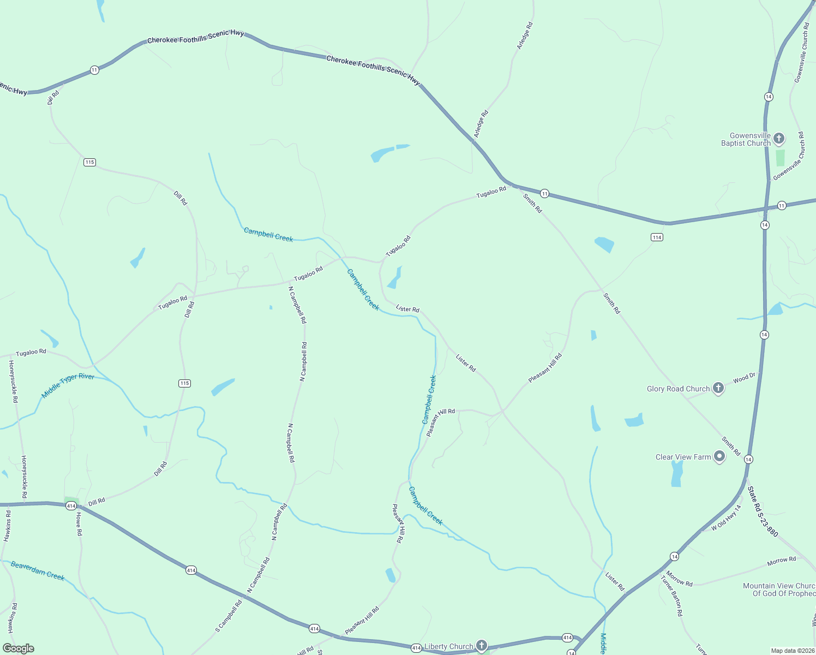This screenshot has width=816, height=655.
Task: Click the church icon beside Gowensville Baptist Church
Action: pyautogui.click(x=779, y=139)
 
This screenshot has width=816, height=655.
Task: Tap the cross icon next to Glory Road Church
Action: pyautogui.click(x=718, y=388)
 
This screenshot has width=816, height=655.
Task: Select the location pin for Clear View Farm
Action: pyautogui.click(x=719, y=456)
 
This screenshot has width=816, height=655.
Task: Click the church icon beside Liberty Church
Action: pyautogui.click(x=481, y=646)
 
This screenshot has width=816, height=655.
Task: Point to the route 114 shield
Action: pyautogui.click(x=657, y=237)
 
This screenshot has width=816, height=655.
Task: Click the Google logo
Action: pyautogui.click(x=19, y=648)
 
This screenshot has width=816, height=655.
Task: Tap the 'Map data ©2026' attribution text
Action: pyautogui.click(x=792, y=651)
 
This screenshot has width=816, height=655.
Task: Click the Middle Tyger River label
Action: pyautogui.click(x=68, y=385)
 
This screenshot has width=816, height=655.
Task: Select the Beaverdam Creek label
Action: pyautogui.click(x=38, y=570)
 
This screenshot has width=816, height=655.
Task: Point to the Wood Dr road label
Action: pyautogui.click(x=745, y=378)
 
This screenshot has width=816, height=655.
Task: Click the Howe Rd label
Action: pyautogui.click(x=79, y=524)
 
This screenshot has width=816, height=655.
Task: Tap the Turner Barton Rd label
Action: pyautogui.click(x=672, y=596)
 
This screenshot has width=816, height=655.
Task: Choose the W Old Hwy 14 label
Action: pyautogui.click(x=727, y=518)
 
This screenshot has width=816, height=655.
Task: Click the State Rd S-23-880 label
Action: pyautogui.click(x=763, y=511)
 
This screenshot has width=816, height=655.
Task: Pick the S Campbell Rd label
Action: pyautogui.click(x=229, y=616)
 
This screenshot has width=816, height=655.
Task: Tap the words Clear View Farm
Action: pyautogui.click(x=683, y=457)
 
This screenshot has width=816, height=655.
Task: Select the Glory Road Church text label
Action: pyautogui.click(x=678, y=389)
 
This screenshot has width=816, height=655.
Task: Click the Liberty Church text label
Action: pyautogui.click(x=449, y=646)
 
